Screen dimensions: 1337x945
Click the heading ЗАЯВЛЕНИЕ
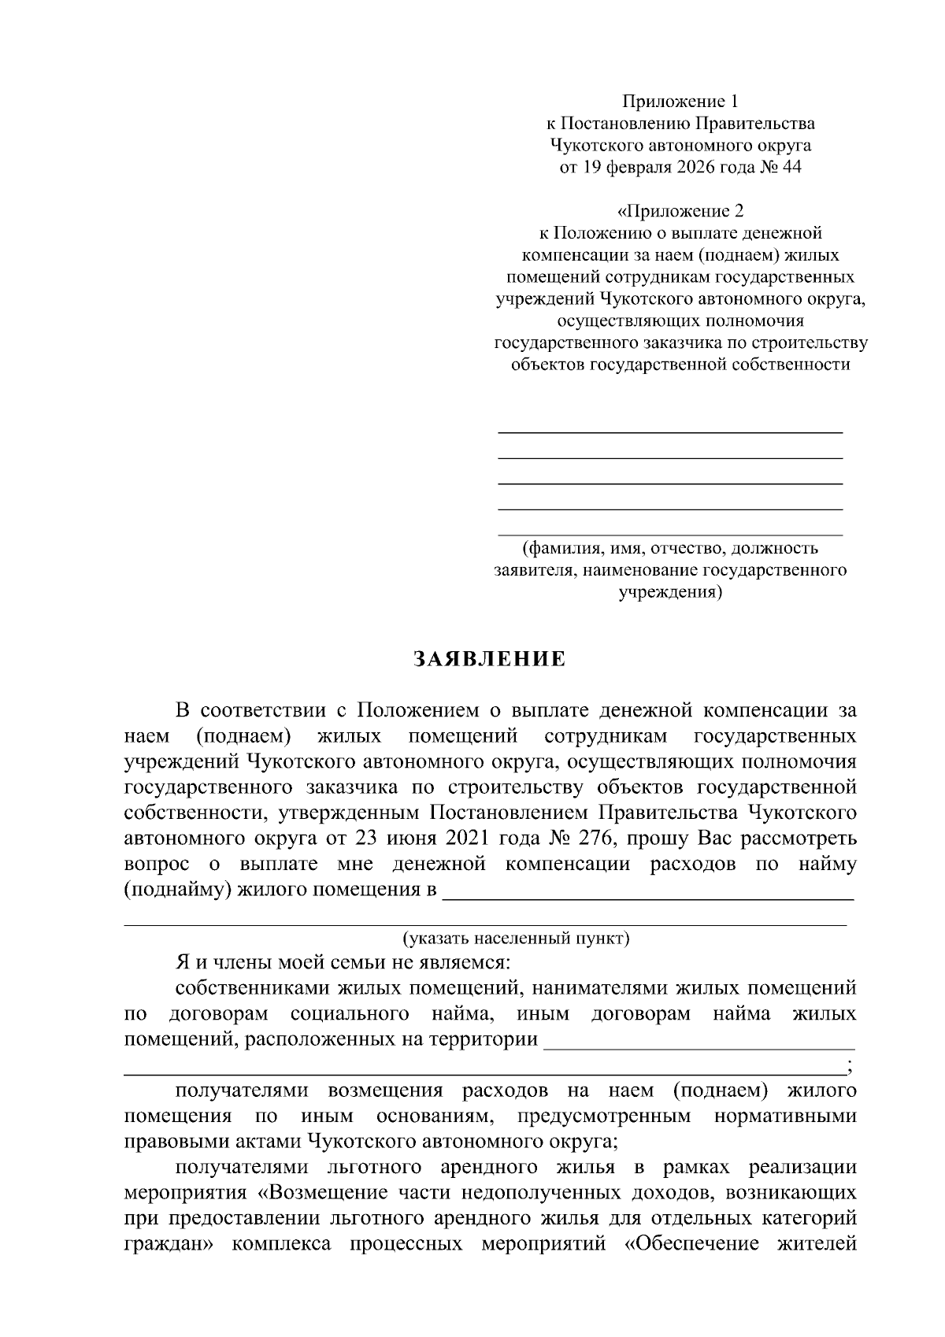pos(490,659)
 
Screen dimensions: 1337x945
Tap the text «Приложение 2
pos(680,211)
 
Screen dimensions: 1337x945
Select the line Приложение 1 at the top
pos(680,101)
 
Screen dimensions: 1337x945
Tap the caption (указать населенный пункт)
pos(516,939)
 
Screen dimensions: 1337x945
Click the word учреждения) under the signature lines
pos(669,591)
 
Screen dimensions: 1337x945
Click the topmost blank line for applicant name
pos(670,431)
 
